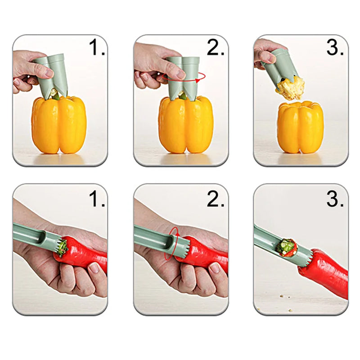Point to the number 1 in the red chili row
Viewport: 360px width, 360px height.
click(96, 199)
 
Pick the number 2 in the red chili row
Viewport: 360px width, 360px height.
click(215, 199)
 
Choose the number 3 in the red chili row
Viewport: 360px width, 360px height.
click(335, 199)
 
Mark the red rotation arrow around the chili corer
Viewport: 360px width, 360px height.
click(171, 245)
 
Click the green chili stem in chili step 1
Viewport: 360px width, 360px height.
click(63, 247)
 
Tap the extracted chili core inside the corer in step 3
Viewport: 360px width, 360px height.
click(285, 247)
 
